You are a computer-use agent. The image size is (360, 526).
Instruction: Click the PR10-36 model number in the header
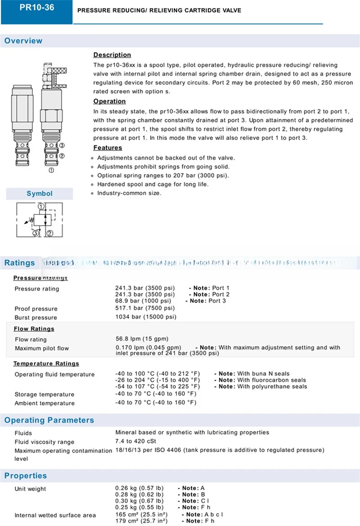click(36, 8)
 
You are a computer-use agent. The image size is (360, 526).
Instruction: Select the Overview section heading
click(23, 41)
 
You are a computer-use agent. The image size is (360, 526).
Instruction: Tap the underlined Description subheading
click(112, 55)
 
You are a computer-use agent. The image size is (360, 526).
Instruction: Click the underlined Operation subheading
click(109, 101)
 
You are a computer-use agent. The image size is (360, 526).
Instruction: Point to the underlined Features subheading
click(108, 148)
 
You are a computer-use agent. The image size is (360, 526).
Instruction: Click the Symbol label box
click(40, 194)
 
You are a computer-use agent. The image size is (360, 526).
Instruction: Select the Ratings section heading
click(20, 263)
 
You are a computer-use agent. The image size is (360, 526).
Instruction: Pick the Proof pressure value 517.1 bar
click(144, 308)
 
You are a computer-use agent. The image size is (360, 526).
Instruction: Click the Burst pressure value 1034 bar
click(145, 317)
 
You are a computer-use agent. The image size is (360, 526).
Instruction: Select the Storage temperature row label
click(45, 394)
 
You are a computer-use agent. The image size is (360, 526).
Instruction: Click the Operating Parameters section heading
click(49, 421)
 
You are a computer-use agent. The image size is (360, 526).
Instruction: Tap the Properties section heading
click(26, 476)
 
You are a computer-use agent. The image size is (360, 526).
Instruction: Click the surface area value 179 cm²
click(141, 521)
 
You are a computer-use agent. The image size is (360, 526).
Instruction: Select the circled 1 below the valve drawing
click(52, 170)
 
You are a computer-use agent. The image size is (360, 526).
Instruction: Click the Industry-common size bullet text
click(129, 193)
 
